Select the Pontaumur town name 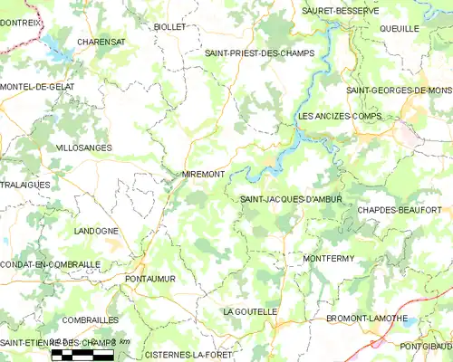[149, 280]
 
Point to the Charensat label [101, 42]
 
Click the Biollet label [169, 27]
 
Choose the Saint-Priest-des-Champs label [259, 53]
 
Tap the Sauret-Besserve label [341, 11]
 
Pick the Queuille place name [400, 29]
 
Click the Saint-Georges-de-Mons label [399, 90]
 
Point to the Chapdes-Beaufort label [405, 210]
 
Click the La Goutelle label [250, 311]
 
